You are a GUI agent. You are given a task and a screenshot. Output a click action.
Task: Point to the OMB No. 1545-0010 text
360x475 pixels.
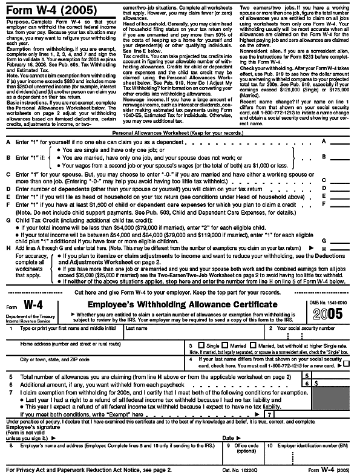(333, 301)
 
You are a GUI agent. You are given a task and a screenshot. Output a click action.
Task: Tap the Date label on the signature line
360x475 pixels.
(227, 436)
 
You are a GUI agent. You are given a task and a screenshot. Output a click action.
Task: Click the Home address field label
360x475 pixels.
(58, 342)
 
